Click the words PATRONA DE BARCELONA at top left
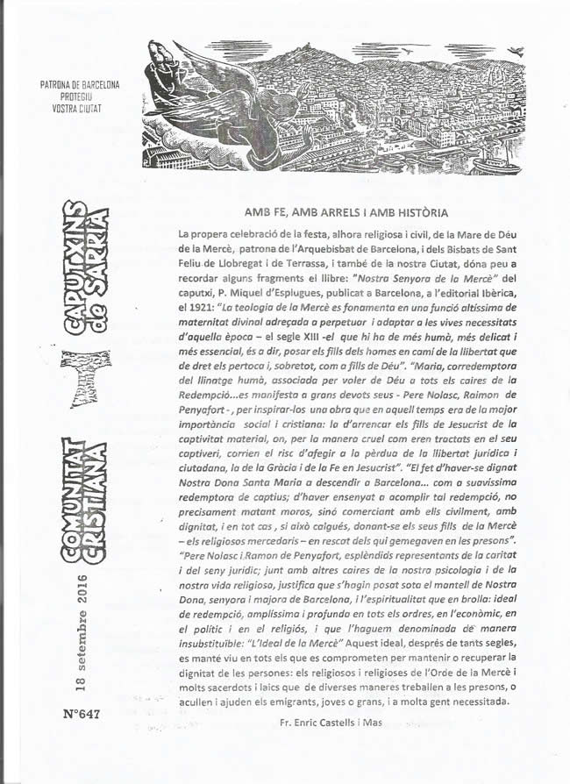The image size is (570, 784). tap(80, 86)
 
